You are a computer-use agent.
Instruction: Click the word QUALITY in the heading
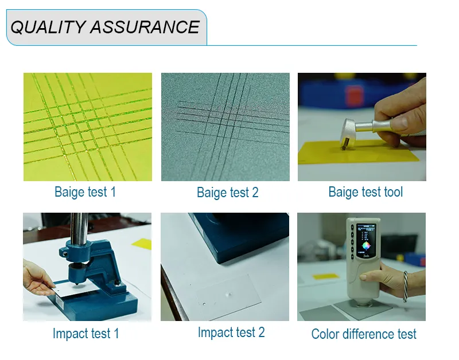pyautogui.click(x=48, y=27)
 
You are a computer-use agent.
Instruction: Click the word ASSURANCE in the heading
pyautogui.click(x=145, y=27)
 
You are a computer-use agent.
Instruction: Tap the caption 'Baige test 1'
pyautogui.click(x=85, y=192)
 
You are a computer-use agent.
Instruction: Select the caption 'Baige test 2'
pyautogui.click(x=227, y=193)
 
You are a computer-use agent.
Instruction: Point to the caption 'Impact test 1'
pyautogui.click(x=85, y=334)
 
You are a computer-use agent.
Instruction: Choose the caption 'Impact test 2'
pyautogui.click(x=231, y=332)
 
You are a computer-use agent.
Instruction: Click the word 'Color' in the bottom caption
pyautogui.click(x=325, y=334)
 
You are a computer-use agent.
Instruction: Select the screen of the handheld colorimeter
pyautogui.click(x=365, y=241)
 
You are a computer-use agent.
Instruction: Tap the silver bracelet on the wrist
pyautogui.click(x=406, y=287)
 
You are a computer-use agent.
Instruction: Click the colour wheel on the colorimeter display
pyautogui.click(x=366, y=246)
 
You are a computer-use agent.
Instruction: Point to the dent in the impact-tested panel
pyautogui.click(x=228, y=294)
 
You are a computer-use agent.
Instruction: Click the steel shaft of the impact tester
pyautogui.click(x=79, y=227)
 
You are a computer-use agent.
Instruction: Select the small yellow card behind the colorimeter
pyautogui.click(x=326, y=276)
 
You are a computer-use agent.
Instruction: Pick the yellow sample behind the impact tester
pyautogui.click(x=142, y=244)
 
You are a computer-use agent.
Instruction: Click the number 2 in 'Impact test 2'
pyautogui.click(x=262, y=332)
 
